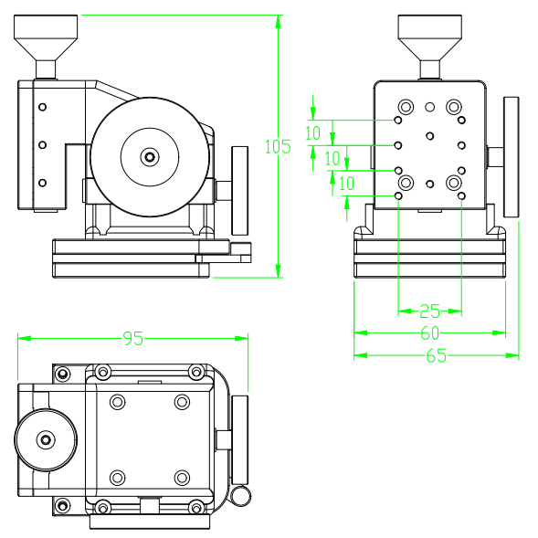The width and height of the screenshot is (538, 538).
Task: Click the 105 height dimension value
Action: tap(277, 146)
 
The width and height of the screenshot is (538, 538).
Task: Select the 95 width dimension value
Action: tap(133, 339)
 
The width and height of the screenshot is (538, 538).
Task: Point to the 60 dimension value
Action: tap(429, 333)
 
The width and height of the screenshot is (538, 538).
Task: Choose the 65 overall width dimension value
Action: tap(436, 356)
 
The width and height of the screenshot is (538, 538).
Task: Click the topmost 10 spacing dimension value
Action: tap(312, 133)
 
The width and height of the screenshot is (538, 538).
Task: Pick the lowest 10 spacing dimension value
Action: tap(346, 184)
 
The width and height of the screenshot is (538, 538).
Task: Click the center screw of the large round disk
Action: tap(150, 157)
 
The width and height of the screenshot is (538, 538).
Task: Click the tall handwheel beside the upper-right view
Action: tap(511, 157)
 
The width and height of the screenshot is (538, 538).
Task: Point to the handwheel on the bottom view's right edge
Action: tap(238, 439)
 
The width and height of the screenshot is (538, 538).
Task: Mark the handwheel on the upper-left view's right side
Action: tap(240, 190)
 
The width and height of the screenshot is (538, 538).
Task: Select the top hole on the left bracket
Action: tap(42, 107)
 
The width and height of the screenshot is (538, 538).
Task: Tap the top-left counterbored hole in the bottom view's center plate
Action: tap(117, 402)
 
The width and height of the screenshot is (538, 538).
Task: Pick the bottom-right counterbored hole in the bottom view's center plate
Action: tap(182, 478)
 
